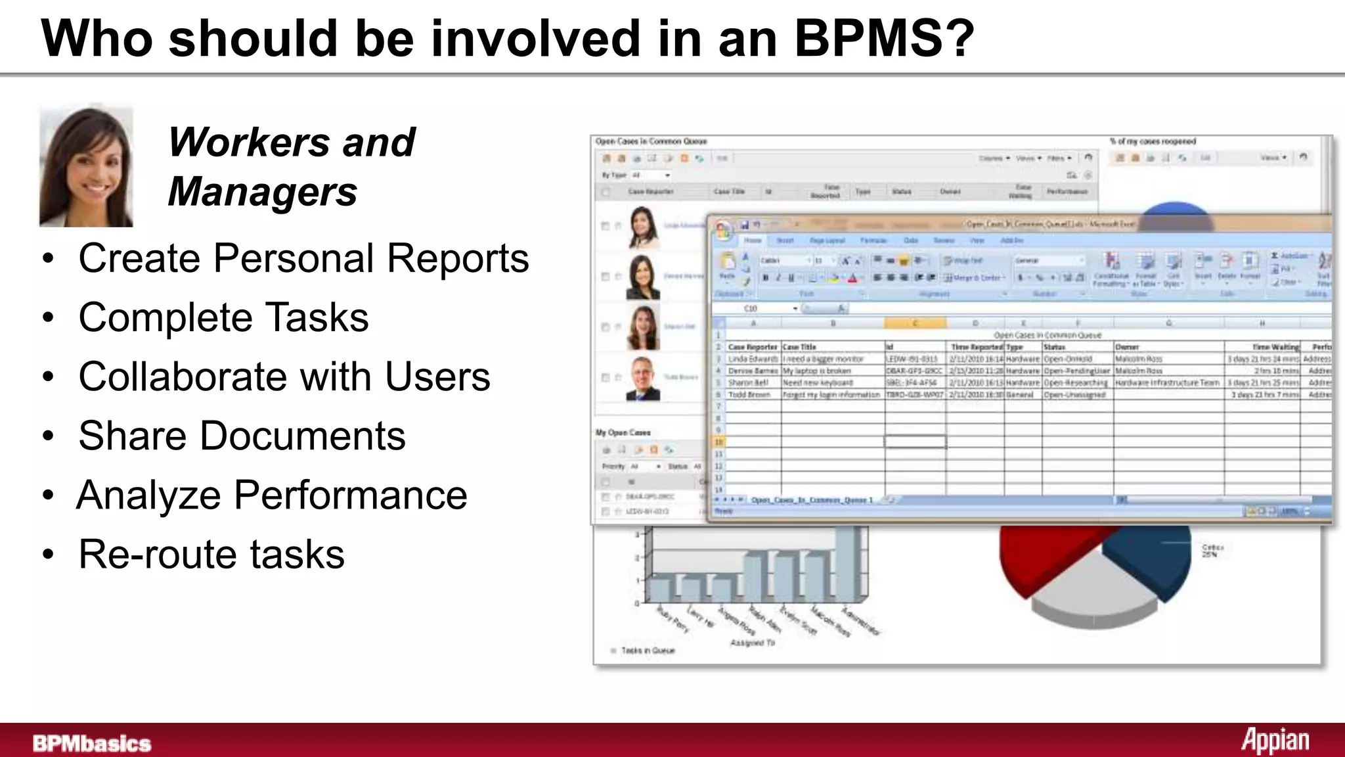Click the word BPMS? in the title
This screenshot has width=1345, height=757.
[884, 38]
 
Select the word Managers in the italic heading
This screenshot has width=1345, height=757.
[263, 192]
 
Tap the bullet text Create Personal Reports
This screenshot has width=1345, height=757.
[303, 258]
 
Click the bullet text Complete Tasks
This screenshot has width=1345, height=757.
[223, 317]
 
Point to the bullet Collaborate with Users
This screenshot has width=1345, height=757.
[284, 377]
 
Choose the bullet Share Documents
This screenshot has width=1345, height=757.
[242, 436]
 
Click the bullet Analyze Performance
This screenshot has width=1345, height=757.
[272, 495]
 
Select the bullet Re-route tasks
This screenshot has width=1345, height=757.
[211, 554]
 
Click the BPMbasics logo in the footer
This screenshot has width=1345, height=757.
[92, 743]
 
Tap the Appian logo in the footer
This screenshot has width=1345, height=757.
[1275, 741]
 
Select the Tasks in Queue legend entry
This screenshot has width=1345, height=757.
[647, 651]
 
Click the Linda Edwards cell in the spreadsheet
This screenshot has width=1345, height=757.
[753, 359]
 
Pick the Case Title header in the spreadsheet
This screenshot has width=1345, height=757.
[799, 347]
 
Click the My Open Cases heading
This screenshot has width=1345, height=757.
[623, 432]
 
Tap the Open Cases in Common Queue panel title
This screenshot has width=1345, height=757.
[651, 141]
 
